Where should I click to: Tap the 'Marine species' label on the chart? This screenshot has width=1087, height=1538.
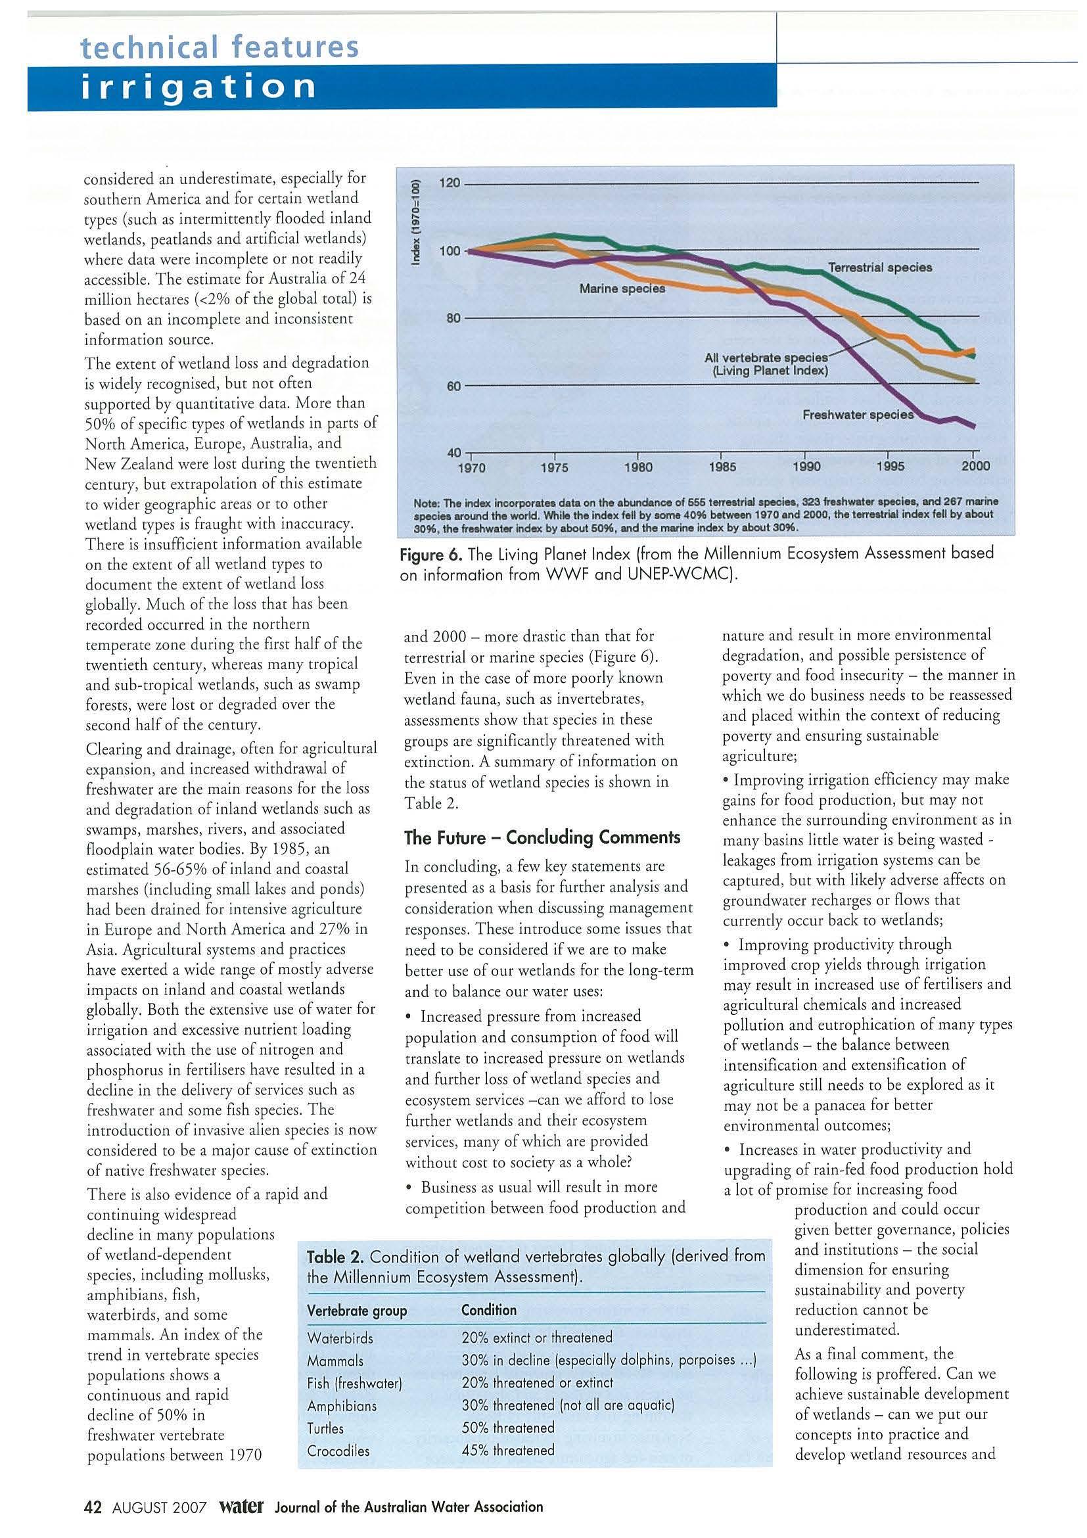(622, 289)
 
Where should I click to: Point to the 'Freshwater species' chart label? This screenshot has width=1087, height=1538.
(858, 415)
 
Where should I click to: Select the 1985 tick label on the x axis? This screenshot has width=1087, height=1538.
(722, 467)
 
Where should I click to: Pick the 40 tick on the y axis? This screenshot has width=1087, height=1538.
(454, 453)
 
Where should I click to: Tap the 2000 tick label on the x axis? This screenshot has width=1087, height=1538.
(975, 467)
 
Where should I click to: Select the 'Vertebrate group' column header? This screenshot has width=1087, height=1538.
(356, 1310)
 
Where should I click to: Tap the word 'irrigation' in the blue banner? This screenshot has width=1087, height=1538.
(198, 87)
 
